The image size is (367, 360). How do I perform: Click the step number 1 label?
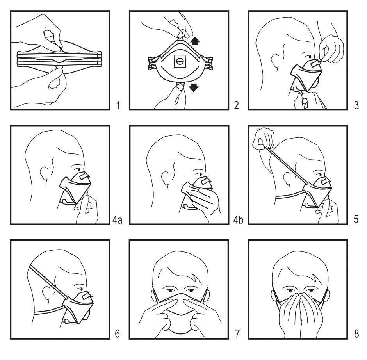tap(118, 105)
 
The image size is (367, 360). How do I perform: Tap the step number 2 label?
tap(236, 105)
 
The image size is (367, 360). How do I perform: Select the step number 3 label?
tap(356, 105)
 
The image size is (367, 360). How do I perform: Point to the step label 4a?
tap(117, 220)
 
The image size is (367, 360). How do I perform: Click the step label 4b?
tap(238, 220)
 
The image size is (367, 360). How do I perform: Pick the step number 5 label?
tap(356, 219)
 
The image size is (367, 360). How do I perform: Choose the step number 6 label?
tap(118, 334)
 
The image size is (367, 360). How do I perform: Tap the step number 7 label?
tap(237, 334)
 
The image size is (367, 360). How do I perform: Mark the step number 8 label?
tap(356, 334)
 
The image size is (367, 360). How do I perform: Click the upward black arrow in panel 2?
tap(195, 41)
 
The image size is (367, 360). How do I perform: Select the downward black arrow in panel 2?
tap(194, 87)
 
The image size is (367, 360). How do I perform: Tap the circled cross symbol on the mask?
tap(180, 61)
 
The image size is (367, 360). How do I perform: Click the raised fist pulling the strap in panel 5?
tap(264, 139)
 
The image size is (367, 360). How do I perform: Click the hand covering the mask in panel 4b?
tap(204, 200)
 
